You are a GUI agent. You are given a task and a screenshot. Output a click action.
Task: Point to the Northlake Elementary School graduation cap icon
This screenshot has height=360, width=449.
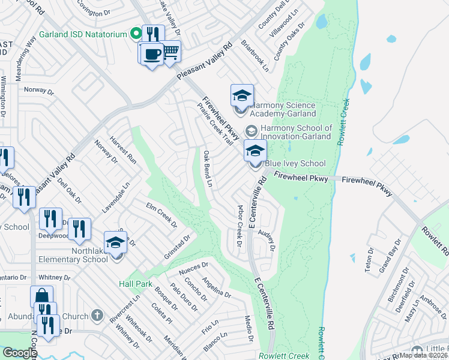(x=115, y=243)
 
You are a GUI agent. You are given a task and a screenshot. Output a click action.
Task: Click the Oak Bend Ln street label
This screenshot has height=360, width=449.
(x=208, y=169)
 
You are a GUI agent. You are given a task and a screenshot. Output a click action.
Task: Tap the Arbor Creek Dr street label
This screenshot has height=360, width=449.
(x=238, y=227)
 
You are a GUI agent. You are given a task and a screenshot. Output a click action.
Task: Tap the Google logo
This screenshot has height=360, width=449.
(x=20, y=353)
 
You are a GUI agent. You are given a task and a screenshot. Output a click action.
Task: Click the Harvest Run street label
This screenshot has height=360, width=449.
(x=123, y=150)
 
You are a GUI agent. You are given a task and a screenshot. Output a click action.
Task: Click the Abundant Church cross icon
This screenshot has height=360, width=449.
(x=97, y=316)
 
